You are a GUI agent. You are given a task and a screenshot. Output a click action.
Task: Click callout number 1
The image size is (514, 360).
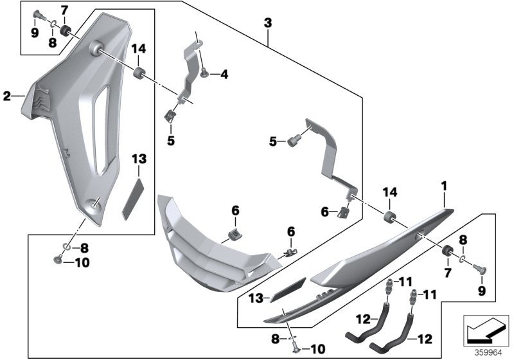pos(442,186)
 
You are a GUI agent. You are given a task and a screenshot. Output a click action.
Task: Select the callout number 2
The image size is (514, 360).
pos(7,97)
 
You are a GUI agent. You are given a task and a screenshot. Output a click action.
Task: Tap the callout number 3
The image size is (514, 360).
pos(267,23)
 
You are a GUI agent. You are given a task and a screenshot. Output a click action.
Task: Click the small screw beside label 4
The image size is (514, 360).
pos(204,74)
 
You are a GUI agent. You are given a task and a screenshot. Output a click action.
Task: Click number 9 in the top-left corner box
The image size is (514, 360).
pos(34,33)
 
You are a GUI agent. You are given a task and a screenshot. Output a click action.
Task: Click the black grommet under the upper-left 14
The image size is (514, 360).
pos(139,70)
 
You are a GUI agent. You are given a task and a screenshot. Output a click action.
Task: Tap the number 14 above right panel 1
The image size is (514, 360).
pos(389,194)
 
